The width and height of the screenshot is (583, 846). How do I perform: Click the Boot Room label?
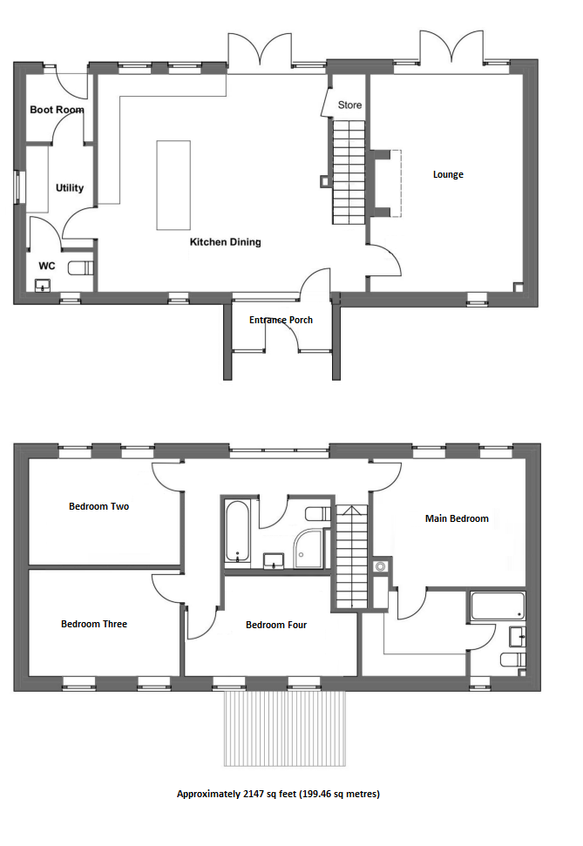click(57, 110)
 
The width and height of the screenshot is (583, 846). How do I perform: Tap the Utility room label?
click(70, 188)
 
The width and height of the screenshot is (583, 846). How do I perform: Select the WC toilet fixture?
click(81, 267)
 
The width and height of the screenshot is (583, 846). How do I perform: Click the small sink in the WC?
click(43, 286)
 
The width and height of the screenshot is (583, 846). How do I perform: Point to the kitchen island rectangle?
click(173, 185)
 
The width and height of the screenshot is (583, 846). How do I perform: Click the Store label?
click(349, 105)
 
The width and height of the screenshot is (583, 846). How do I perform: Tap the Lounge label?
click(448, 174)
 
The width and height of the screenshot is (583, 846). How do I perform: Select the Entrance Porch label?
click(281, 320)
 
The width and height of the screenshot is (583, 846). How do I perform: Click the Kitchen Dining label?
click(225, 241)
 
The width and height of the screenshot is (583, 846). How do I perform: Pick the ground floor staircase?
click(349, 173)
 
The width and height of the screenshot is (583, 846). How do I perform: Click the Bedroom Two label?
click(98, 506)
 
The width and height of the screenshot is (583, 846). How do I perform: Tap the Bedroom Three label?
click(94, 624)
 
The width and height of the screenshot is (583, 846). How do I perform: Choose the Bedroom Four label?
click(276, 625)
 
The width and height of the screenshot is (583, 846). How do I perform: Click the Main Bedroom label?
click(457, 518)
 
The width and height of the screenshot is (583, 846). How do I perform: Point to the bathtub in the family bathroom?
click(237, 531)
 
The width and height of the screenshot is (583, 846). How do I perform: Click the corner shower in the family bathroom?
click(308, 548)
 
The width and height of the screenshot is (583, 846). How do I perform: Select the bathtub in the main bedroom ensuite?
click(498, 606)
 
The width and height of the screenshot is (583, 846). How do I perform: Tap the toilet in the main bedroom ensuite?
click(512, 660)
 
